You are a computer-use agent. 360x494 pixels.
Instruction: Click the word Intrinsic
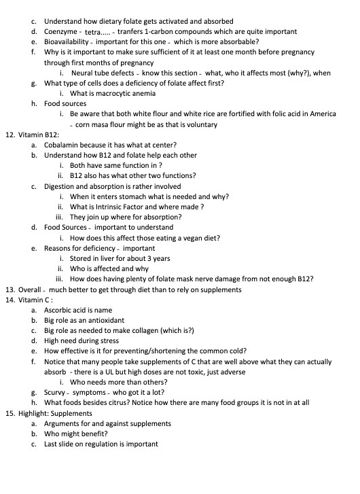[x=115, y=207]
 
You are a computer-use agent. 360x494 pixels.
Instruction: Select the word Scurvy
[x=56, y=392]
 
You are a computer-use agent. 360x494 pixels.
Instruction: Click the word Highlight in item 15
[x=34, y=412]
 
